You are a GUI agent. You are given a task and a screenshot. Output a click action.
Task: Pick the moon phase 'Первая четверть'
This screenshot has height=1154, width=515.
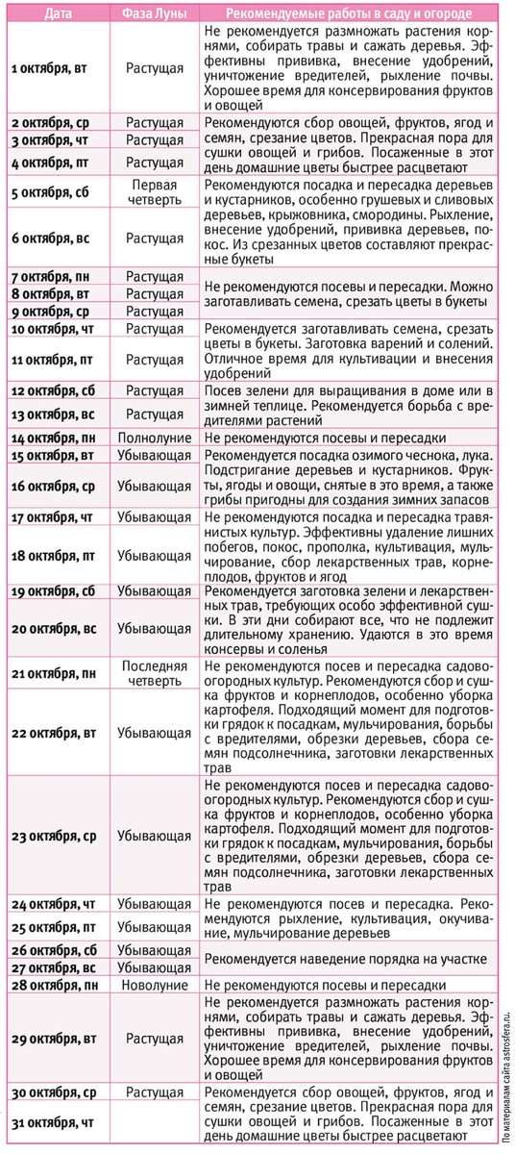(x=154, y=191)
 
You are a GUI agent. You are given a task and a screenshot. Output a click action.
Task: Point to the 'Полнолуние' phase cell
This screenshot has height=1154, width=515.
(x=154, y=438)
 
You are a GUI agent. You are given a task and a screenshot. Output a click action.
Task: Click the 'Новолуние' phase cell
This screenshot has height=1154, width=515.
(x=154, y=987)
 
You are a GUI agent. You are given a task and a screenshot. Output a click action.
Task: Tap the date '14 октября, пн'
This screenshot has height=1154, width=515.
(x=57, y=438)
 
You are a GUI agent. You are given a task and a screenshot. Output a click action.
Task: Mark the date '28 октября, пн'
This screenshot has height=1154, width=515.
(x=57, y=987)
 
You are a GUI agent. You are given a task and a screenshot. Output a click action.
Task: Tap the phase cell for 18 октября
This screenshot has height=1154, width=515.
(x=154, y=556)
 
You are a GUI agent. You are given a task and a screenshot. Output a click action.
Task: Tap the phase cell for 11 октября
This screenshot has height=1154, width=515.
(x=154, y=360)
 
